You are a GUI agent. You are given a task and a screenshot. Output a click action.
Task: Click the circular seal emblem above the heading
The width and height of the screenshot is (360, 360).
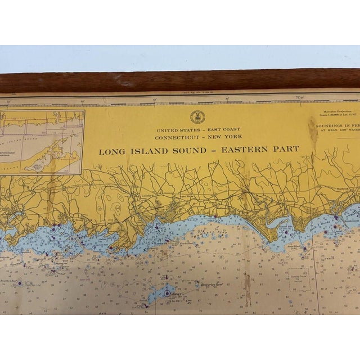(x=197, y=117)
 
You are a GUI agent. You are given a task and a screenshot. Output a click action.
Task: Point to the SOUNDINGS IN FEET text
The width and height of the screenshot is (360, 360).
(x=337, y=126)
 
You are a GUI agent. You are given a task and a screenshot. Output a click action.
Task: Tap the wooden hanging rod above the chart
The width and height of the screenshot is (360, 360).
(x=180, y=80)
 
